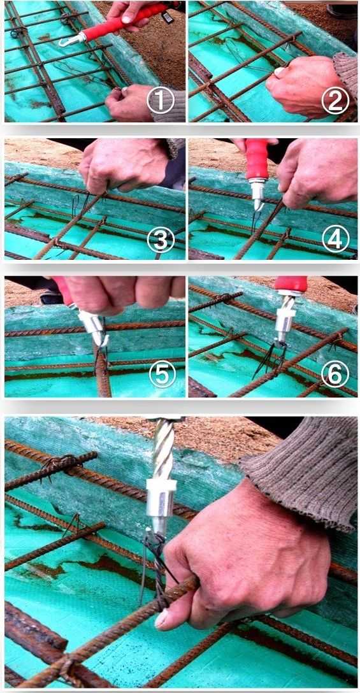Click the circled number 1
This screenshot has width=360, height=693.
[x=160, y=101]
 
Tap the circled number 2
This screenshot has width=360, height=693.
[x=335, y=101]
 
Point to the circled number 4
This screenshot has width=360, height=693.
[x=336, y=239]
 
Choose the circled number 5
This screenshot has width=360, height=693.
[x=162, y=375]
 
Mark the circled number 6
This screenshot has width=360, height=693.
[x=335, y=375]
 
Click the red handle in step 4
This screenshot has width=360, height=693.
[x=257, y=159]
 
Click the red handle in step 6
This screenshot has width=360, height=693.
[x=291, y=284]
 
